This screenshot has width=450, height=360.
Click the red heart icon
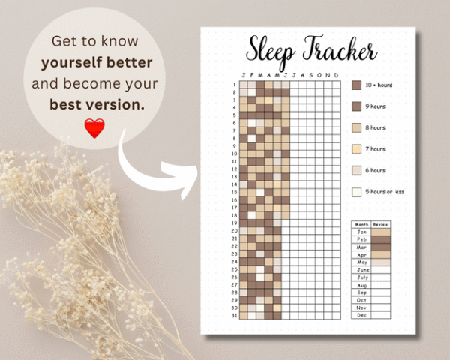(x=94, y=128)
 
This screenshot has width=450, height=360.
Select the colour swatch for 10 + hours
(x=357, y=85)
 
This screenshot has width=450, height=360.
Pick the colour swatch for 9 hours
(x=357, y=106)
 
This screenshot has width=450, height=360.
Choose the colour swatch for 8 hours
(x=357, y=127)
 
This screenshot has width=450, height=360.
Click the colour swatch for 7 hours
(x=357, y=148)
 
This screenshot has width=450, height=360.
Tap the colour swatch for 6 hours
(x=357, y=170)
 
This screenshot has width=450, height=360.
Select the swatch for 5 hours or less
(x=357, y=191)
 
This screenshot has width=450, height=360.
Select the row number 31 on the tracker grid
(x=234, y=315)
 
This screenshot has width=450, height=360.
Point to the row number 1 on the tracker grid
(x=234, y=84)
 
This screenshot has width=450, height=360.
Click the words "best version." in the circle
(x=97, y=104)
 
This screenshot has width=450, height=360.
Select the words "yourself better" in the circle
(x=97, y=62)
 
